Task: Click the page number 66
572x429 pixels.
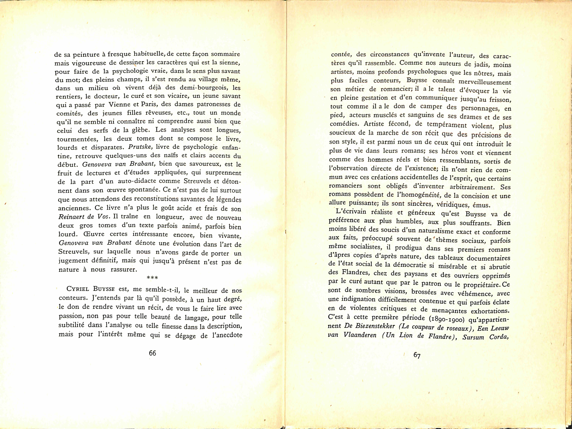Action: coord(153,353)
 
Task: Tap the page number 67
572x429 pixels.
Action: coord(417,355)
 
